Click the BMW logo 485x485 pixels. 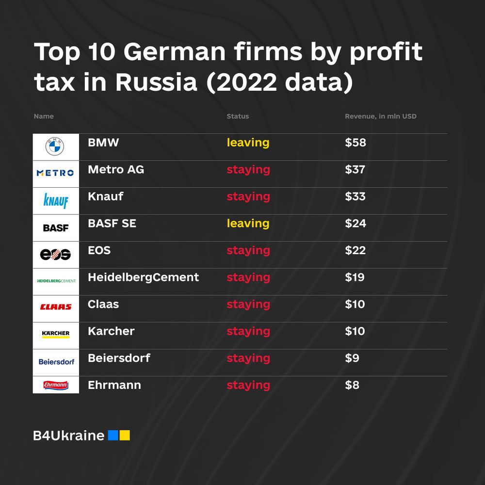coord(55,146)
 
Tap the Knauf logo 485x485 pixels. coord(55,200)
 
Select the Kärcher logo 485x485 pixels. coord(55,335)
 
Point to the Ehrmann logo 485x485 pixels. coord(55,386)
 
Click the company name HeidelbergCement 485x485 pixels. coord(143,277)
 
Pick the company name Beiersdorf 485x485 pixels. coord(119,358)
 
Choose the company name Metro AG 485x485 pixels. coord(116,170)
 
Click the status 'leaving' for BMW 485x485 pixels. coord(248,143)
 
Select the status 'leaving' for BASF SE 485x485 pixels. coord(248,224)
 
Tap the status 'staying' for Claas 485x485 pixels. coord(248,305)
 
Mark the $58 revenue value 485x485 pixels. coord(355,143)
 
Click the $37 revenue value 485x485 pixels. coord(355,170)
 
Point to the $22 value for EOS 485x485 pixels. coord(355,251)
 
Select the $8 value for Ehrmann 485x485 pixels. coord(352,385)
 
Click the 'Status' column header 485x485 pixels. coord(238,116)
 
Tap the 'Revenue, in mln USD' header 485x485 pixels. coord(380,116)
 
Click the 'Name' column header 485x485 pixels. coord(44,116)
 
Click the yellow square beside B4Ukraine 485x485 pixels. coord(125,435)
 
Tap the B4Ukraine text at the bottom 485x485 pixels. coord(69,436)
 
